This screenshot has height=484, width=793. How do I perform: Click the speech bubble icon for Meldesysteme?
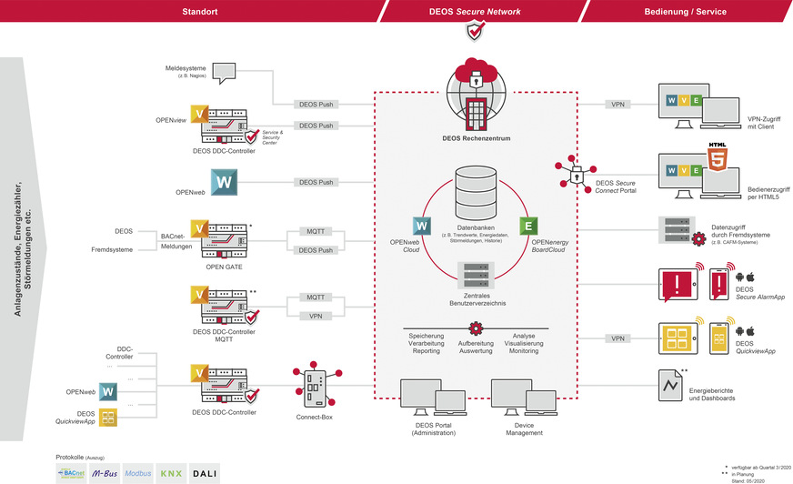224,73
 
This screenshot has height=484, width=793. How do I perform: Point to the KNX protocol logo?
171,474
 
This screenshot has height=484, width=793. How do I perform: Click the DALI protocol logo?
205,474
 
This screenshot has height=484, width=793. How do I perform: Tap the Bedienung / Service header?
684,11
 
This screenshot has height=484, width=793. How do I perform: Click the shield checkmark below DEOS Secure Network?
475,32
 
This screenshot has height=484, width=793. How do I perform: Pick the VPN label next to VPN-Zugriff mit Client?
618,105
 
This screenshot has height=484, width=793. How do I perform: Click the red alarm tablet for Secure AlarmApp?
674,283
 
